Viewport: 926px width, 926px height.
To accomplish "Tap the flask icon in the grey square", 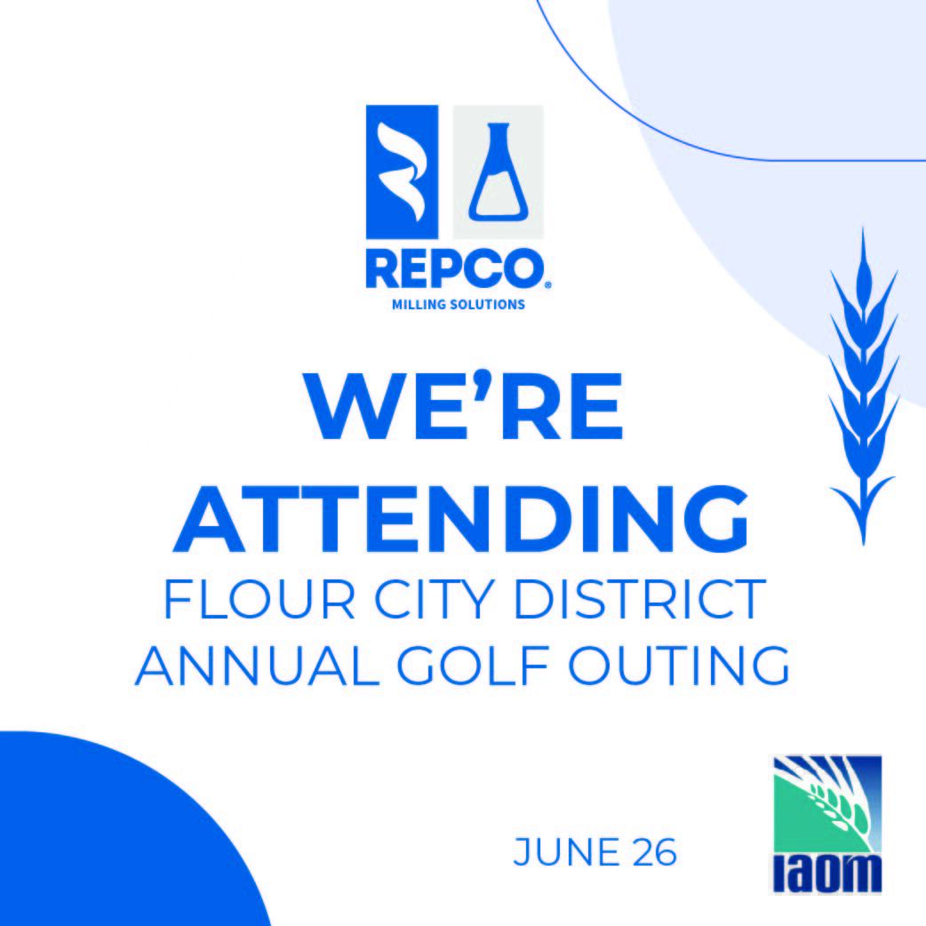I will (x=498, y=173).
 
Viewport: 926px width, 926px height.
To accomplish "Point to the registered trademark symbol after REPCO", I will (x=547, y=285).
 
